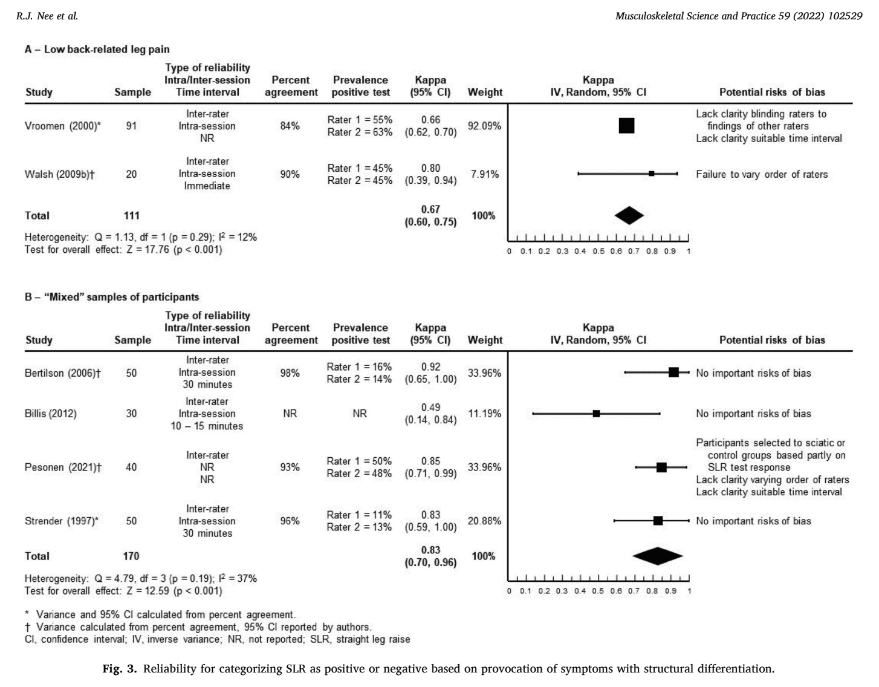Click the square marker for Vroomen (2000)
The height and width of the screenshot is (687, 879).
coord(627,126)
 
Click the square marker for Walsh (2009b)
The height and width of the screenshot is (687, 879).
coord(651,174)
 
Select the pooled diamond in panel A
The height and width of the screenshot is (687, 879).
coord(629,215)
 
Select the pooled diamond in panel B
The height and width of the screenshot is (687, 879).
coord(657,556)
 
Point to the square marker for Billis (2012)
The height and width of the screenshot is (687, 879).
coord(596,414)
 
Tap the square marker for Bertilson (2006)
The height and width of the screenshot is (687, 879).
coord(673,373)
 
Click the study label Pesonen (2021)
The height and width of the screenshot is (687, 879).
coord(63,467)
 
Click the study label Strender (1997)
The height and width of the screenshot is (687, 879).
coord(61,521)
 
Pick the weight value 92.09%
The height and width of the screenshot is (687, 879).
coord(484,126)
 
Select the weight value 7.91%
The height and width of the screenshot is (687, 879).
coord(485,174)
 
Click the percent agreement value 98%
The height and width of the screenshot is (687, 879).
coord(290,373)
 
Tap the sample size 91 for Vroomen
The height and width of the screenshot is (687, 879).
coord(131,126)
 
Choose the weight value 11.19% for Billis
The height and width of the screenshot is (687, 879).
coord(484,414)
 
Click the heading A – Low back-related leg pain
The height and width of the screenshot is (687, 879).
coord(97,49)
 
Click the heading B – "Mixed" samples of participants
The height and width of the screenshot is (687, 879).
coord(112,297)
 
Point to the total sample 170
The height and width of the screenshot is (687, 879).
coord(131,556)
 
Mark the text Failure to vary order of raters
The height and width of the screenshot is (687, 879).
coord(762,174)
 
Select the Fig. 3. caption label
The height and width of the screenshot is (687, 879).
coord(120,669)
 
